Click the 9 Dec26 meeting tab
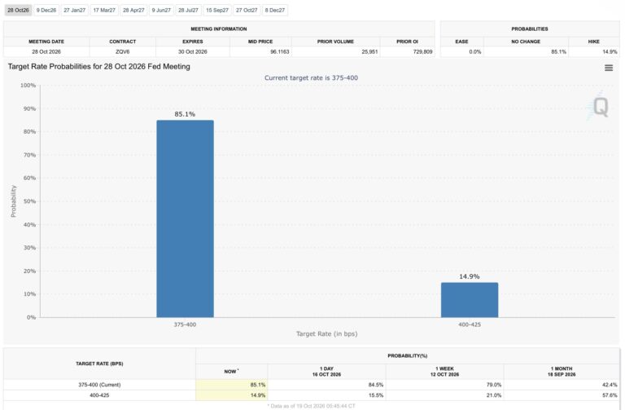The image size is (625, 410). [x=46, y=10]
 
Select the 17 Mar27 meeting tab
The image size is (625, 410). [x=104, y=10]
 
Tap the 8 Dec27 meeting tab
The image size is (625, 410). [x=275, y=10]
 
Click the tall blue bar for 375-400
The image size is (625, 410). [x=185, y=218]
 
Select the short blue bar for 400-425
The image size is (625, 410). [x=469, y=300]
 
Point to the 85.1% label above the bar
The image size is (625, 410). [x=185, y=114]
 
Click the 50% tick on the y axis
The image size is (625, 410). [x=29, y=201]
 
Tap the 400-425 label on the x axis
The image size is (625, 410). [x=470, y=324]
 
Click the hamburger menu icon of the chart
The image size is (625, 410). [x=609, y=68]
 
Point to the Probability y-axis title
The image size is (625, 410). [x=13, y=201]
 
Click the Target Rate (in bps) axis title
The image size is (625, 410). [x=327, y=333]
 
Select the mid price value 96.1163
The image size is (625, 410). [x=279, y=52]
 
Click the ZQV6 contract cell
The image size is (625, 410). [x=123, y=52]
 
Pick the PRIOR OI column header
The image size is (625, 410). [x=407, y=42]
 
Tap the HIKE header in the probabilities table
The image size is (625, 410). [x=593, y=42]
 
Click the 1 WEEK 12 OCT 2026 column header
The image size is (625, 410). [x=445, y=372]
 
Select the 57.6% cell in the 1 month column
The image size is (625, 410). [x=610, y=395]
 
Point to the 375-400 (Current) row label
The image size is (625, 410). [x=99, y=385]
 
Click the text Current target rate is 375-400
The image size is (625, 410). [x=312, y=78]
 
